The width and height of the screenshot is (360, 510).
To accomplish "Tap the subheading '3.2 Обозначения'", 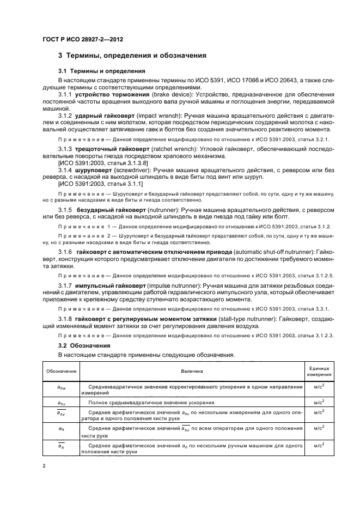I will [x=84, y=345].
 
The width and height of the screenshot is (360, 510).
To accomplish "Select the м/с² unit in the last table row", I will [x=316, y=446].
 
